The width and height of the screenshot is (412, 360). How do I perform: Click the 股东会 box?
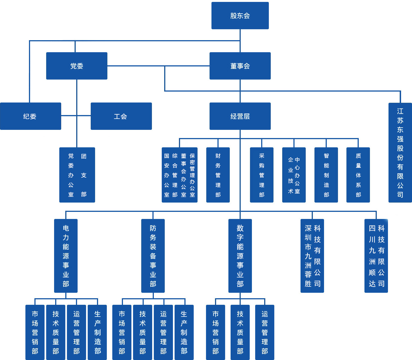240,16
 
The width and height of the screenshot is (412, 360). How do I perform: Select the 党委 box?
76,66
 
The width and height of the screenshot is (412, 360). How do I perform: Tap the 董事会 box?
240,66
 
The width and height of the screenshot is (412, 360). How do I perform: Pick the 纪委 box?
30,116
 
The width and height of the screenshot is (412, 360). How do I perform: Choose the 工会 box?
121,116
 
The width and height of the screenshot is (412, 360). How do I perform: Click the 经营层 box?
240,116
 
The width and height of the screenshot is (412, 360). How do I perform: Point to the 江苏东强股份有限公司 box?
400,153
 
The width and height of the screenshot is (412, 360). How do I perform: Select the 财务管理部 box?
218,175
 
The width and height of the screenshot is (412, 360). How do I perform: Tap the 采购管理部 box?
261,175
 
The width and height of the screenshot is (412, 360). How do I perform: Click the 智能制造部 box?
326,175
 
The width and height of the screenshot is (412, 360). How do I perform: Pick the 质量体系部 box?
358,175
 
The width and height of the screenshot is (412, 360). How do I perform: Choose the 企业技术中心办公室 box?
294,175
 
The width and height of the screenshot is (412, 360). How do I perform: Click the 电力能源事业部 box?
66,256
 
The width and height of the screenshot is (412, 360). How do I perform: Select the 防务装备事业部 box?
153,256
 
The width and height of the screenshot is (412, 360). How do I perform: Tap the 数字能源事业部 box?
240,256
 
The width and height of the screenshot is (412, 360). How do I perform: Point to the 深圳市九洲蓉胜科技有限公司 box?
312,256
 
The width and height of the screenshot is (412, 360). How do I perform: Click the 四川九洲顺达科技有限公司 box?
376,256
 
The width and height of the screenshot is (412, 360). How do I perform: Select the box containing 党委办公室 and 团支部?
77,175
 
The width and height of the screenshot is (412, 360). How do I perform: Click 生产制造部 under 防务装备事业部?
184,332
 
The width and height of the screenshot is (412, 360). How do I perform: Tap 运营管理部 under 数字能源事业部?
264,332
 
